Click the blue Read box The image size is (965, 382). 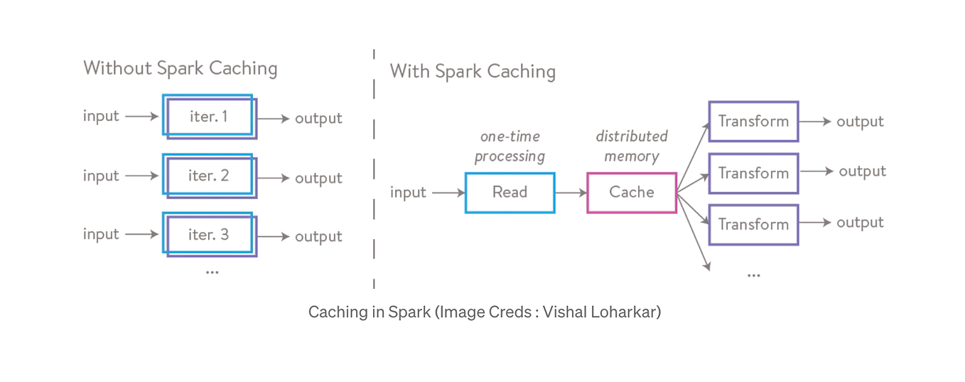[510, 192]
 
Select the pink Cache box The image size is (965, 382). [631, 192]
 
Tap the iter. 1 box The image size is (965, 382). [209, 117]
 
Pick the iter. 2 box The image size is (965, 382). [209, 176]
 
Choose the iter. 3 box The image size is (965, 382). [209, 234]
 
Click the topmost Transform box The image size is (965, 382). [753, 122]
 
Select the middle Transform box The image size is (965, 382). [753, 173]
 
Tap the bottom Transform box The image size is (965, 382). [753, 225]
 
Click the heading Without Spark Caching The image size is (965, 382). [180, 68]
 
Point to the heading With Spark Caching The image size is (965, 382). [473, 72]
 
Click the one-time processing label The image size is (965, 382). [510, 146]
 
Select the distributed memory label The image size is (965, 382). [631, 146]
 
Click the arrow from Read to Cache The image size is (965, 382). [571, 192]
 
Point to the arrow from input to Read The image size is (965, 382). [448, 192]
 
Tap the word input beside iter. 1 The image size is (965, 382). [101, 116]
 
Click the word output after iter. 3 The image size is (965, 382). [318, 236]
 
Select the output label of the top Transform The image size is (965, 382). [860, 122]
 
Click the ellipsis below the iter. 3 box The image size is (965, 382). [212, 272]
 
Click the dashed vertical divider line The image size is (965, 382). [374, 171]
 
